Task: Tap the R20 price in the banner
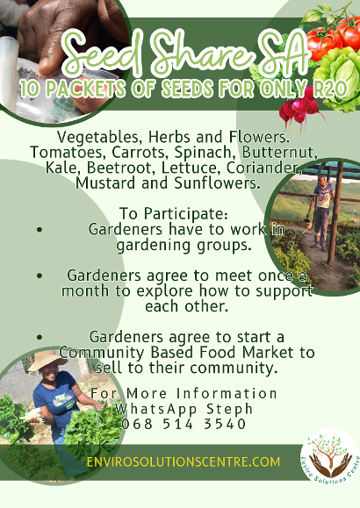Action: (330, 88)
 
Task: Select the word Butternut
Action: (279, 153)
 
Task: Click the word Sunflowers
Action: (217, 183)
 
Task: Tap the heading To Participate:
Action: (174, 213)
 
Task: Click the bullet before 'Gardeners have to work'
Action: (40, 230)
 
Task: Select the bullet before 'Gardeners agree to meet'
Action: (40, 275)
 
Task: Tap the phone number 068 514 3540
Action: (184, 424)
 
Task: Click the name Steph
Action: (230, 410)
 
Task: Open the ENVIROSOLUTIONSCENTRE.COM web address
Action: (184, 461)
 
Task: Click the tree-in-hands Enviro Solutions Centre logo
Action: (330, 457)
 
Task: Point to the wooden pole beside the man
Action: (335, 214)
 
